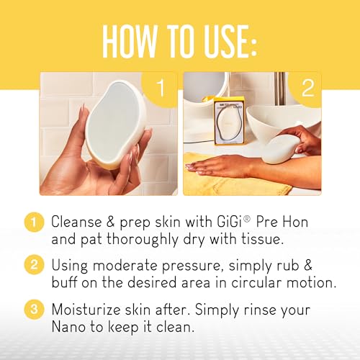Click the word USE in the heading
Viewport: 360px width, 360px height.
point(224,41)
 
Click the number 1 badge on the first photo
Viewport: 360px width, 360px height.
point(160,88)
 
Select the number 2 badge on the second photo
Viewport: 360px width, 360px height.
point(307,88)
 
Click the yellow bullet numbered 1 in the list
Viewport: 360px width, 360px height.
point(34,222)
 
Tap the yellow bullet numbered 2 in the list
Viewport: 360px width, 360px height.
point(34,265)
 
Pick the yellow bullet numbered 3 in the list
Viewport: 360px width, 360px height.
point(34,309)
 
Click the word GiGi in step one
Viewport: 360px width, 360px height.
point(229,221)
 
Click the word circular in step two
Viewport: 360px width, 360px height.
point(256,282)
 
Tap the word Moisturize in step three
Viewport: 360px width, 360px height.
point(86,310)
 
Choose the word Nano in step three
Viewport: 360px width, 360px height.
point(68,327)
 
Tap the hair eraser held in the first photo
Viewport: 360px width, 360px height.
point(116,123)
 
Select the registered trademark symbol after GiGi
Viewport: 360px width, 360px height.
point(247,219)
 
